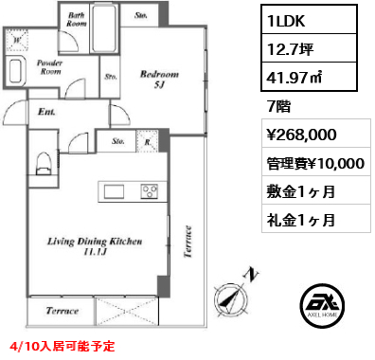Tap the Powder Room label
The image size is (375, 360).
49,65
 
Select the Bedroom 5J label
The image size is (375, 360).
157,79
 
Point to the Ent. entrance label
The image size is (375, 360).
46,111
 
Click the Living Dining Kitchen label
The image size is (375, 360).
95,246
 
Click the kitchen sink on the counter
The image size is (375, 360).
114,192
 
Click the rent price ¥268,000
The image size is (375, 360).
300,134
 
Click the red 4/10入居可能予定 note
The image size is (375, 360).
61,346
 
